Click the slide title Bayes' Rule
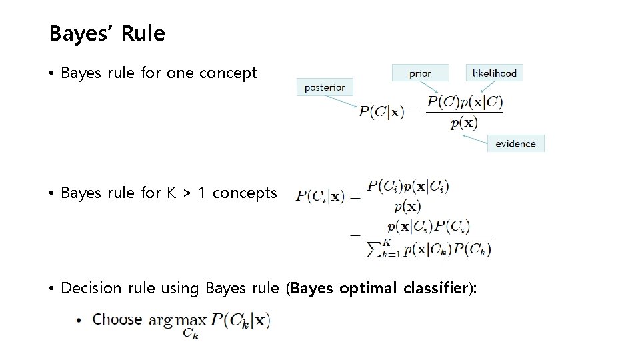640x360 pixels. [x=107, y=33]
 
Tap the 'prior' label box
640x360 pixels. [x=420, y=73]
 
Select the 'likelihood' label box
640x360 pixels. [x=495, y=73]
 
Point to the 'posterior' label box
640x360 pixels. [x=325, y=87]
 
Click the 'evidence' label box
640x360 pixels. [x=515, y=143]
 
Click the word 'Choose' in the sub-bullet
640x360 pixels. [x=117, y=319]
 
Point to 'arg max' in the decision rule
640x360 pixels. [x=178, y=321]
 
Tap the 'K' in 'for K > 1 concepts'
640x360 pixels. [x=171, y=193]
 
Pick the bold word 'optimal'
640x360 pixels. [x=361, y=289]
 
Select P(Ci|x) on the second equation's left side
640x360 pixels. [x=320, y=196]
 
